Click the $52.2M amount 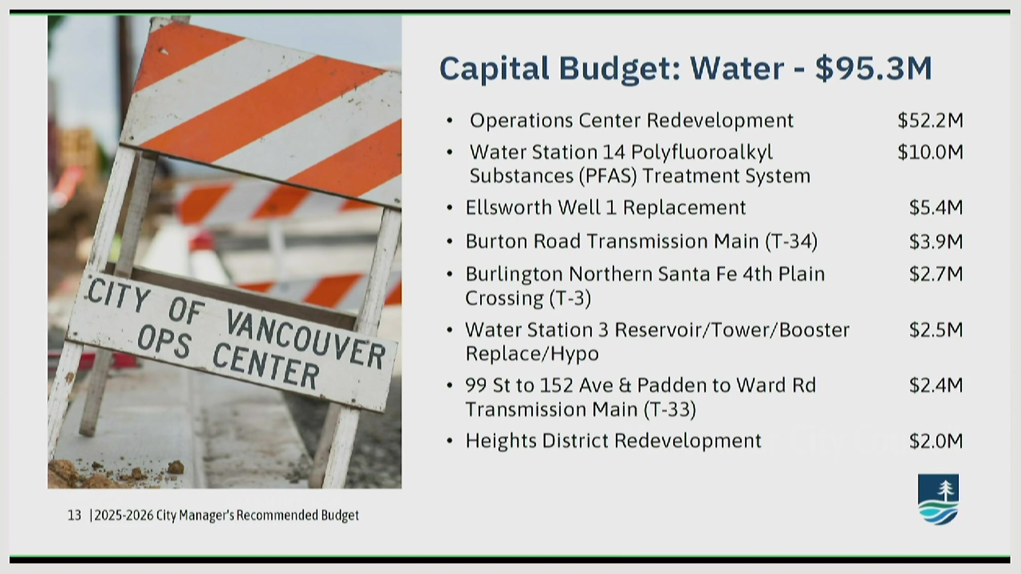(x=930, y=121)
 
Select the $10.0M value (x=930, y=153)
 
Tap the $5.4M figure (x=936, y=207)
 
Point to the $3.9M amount (x=936, y=242)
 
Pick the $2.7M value (x=936, y=274)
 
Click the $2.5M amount (x=936, y=330)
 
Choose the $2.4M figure (x=936, y=385)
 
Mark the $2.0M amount (x=936, y=441)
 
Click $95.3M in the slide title (x=874, y=69)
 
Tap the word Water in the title (x=737, y=69)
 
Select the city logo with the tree (x=939, y=499)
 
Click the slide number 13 (x=74, y=515)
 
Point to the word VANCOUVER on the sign (x=306, y=338)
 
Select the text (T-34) (x=791, y=242)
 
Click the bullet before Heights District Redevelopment (x=450, y=441)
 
